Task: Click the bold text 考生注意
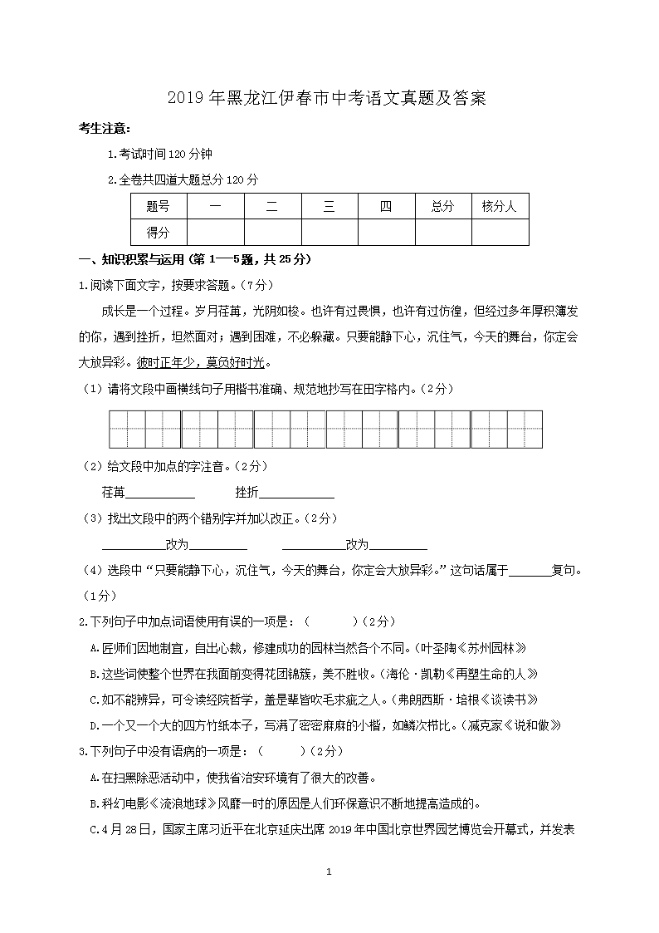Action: click(104, 128)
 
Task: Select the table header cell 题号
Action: click(158, 207)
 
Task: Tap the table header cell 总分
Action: click(442, 207)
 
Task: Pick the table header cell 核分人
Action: click(500, 207)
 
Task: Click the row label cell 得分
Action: click(158, 233)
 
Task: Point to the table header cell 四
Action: click(385, 207)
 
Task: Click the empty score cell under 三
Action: click(329, 233)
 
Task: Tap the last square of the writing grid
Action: click(525, 429)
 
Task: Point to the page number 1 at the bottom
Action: click(329, 872)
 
